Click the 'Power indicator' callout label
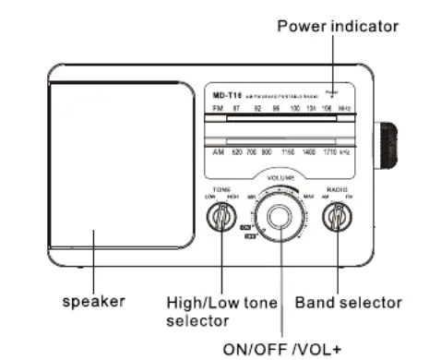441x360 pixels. pyautogui.click(x=338, y=26)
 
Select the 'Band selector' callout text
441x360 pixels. pyautogui.click(x=348, y=302)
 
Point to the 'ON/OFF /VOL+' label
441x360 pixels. pyautogui.click(x=282, y=349)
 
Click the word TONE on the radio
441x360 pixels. pyautogui.click(x=221, y=188)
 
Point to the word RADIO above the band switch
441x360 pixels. pyautogui.click(x=337, y=188)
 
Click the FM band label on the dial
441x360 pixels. pyautogui.click(x=218, y=108)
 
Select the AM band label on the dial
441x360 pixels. pyautogui.click(x=219, y=151)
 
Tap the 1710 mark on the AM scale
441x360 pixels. pyautogui.click(x=328, y=151)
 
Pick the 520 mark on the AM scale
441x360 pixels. pyautogui.click(x=236, y=151)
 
